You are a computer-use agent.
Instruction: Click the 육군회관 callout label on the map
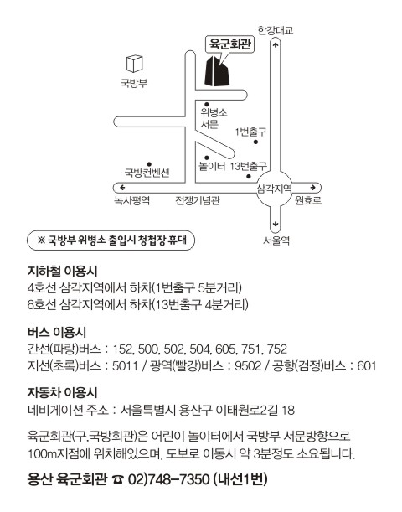click(x=229, y=44)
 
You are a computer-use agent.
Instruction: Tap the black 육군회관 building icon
click(x=217, y=71)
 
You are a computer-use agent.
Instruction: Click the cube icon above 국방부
click(x=135, y=64)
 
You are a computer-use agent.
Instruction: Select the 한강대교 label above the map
click(x=276, y=30)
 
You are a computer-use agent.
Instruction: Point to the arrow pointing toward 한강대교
click(x=276, y=45)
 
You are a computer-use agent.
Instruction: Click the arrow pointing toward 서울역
click(x=276, y=224)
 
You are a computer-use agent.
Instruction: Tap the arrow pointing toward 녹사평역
click(x=122, y=188)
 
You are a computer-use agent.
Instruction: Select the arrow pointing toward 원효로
click(x=313, y=188)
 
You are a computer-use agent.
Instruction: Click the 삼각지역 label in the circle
click(x=274, y=188)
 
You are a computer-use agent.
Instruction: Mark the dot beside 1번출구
click(x=255, y=142)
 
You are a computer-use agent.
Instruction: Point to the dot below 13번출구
click(x=249, y=177)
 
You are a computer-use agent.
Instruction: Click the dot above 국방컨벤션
click(x=149, y=164)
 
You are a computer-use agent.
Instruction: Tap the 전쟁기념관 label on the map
click(x=198, y=199)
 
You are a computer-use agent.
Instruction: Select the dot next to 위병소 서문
click(x=207, y=105)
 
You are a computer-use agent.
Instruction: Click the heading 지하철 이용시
click(x=62, y=271)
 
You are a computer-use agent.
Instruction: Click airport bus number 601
click(x=367, y=365)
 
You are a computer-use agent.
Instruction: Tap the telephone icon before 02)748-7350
click(x=118, y=479)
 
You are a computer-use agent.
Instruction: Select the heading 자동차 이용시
click(x=62, y=392)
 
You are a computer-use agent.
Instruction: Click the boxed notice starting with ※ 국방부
click(x=111, y=240)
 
